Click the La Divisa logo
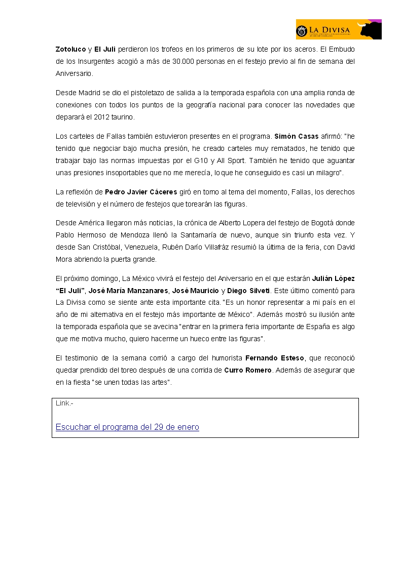(339, 29)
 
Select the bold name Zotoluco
(70, 49)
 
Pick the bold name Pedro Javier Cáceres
(141, 192)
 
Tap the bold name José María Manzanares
(128, 291)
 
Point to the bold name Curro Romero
(248, 370)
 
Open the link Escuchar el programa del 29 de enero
(127, 427)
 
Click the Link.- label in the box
(64, 403)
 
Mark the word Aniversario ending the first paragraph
(74, 73)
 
